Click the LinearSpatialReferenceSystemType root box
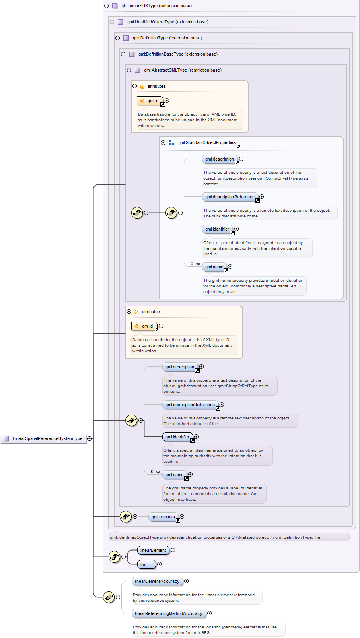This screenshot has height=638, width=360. tap(43, 438)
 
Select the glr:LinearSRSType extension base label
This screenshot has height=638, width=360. tap(156, 6)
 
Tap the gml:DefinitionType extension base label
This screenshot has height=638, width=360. tap(167, 38)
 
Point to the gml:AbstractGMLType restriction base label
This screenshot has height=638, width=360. tap(183, 70)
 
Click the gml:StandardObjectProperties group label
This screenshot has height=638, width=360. tap(207, 142)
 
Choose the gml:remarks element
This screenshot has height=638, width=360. tap(163, 517)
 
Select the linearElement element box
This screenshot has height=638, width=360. tap(153, 550)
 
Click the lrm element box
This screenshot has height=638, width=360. tap(146, 564)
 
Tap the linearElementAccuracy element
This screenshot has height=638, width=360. tap(157, 581)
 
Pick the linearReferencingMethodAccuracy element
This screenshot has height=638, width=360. tap(169, 613)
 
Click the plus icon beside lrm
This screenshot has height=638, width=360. tap(160, 564)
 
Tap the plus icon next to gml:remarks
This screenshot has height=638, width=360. tap(182, 516)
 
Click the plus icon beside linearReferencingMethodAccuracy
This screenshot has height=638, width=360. tap(210, 613)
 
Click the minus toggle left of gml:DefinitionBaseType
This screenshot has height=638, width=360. tap(123, 54)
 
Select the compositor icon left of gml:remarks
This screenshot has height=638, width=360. tap(126, 516)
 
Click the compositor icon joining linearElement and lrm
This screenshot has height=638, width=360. tap(115, 557)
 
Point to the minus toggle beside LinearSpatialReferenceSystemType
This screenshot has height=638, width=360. tap(90, 438)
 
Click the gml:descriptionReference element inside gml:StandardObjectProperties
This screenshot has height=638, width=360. tap(230, 197)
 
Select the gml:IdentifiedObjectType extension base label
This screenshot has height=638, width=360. tap(167, 22)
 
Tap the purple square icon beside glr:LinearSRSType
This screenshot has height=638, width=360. tap(115, 6)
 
